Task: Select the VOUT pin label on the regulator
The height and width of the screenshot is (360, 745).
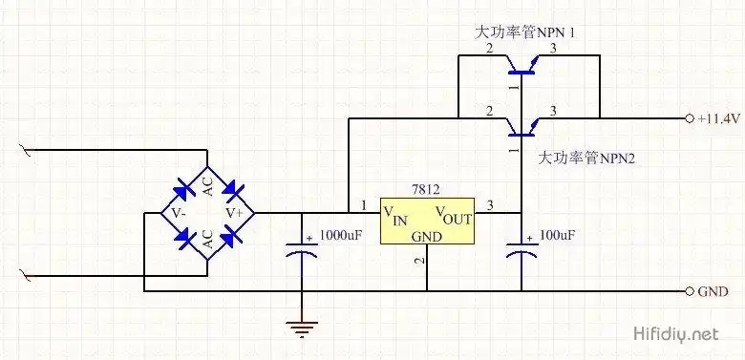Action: click(455, 213)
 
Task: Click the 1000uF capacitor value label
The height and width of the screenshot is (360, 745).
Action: click(340, 234)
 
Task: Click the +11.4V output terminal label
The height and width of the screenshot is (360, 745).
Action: click(717, 118)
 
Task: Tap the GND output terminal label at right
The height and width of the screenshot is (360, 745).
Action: click(715, 291)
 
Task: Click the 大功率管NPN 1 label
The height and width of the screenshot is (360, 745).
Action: click(531, 32)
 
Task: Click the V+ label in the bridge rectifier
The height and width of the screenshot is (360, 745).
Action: click(234, 212)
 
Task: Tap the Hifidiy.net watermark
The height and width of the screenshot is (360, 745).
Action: click(675, 334)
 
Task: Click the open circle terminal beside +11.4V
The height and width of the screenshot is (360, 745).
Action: click(690, 118)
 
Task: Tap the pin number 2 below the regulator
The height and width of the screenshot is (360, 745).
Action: click(417, 260)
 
